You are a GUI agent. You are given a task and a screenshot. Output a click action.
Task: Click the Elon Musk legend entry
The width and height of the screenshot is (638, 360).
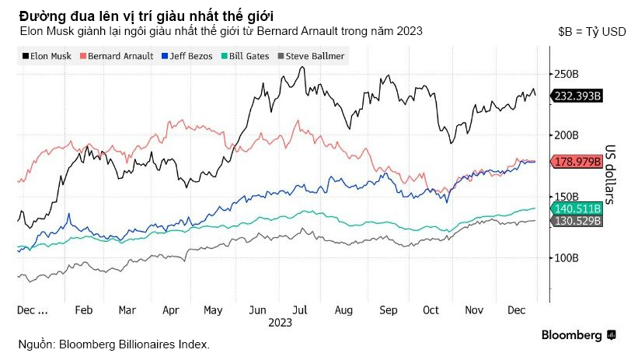[x=47, y=57]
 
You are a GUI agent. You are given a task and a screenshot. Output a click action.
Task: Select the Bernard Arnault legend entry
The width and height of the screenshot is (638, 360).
[x=114, y=57]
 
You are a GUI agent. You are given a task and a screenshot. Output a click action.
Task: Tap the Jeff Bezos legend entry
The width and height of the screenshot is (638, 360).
[x=187, y=57]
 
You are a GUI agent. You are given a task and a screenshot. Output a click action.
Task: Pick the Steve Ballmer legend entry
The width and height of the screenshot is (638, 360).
[x=310, y=57]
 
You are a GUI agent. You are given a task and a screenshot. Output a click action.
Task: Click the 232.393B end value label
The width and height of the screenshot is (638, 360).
[x=578, y=96]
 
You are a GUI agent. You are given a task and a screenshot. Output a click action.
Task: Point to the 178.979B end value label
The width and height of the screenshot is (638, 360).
[x=578, y=161]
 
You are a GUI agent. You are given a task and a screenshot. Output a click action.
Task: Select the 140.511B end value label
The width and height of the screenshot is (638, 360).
[x=578, y=208]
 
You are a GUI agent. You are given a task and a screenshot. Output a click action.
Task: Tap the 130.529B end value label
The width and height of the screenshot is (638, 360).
[x=578, y=221]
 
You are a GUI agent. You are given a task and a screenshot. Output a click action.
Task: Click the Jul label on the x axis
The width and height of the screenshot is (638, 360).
[x=298, y=309]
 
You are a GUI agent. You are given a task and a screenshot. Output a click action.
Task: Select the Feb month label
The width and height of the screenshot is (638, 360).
[x=83, y=309]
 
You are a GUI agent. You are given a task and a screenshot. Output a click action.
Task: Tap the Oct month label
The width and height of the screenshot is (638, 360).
[x=430, y=309]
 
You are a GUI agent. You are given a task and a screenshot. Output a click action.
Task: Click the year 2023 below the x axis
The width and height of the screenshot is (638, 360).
[x=280, y=322]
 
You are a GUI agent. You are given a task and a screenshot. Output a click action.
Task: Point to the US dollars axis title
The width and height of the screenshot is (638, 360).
[x=611, y=174]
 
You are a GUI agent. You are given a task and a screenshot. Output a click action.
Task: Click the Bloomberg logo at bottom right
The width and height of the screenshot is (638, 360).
[x=579, y=335]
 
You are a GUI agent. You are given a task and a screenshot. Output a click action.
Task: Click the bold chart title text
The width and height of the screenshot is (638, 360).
[x=145, y=16]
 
